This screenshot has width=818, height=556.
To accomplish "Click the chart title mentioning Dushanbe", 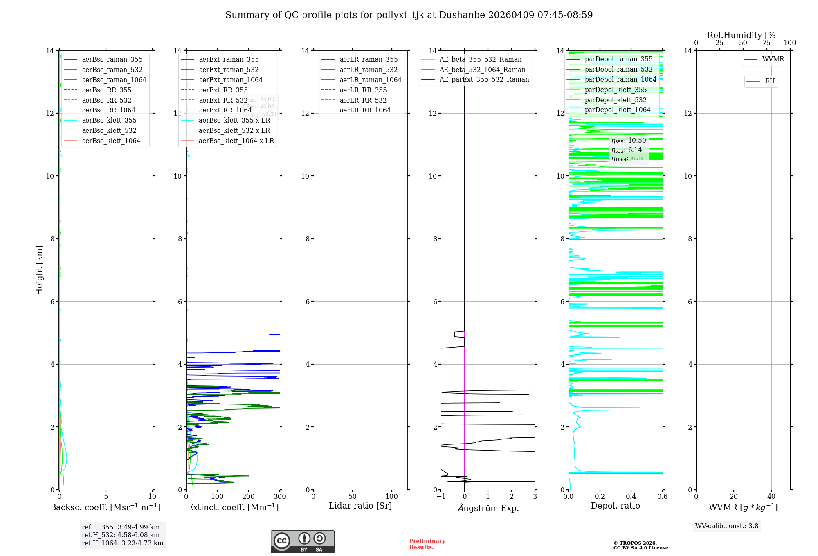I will [x=409, y=15].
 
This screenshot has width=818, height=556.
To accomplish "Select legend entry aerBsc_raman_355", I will [x=112, y=60].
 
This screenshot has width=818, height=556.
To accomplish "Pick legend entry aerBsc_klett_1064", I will [x=111, y=141].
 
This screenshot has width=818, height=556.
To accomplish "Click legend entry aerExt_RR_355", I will [x=223, y=90].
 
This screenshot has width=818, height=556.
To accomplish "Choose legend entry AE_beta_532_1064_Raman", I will [x=482, y=69].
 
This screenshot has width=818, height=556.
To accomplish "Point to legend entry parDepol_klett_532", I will [x=616, y=100].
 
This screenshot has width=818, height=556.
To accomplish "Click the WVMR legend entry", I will [x=773, y=59].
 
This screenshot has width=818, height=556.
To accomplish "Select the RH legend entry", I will [x=770, y=81].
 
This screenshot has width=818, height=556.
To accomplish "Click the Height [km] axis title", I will [x=39, y=270].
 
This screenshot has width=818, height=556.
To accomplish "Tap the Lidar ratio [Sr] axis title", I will [x=360, y=506].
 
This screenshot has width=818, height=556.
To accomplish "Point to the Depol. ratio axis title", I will [x=615, y=506].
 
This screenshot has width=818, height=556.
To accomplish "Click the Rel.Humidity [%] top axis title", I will [x=743, y=35].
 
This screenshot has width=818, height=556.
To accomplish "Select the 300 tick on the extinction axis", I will [x=280, y=497].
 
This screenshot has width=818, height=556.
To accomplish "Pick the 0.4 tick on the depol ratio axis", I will [x=631, y=497].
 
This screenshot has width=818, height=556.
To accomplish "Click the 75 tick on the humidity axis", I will [x=766, y=43].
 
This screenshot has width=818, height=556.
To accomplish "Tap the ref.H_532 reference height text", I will [x=121, y=535].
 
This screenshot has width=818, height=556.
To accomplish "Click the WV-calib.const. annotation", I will [x=727, y=526].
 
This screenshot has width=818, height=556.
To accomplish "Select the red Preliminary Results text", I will [x=427, y=544].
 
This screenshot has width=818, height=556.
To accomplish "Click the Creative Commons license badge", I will [x=302, y=542].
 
